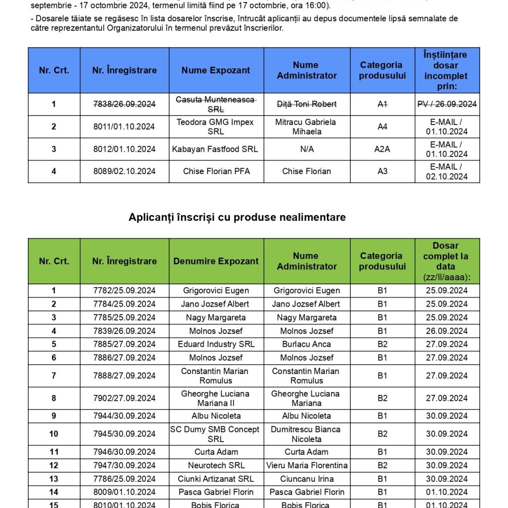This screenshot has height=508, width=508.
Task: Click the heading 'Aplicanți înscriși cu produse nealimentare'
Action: [x=237, y=217]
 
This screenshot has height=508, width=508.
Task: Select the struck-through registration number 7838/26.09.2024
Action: [x=124, y=104]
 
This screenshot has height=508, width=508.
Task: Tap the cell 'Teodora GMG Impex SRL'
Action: [x=216, y=127]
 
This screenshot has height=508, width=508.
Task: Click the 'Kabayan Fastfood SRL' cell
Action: [x=216, y=149]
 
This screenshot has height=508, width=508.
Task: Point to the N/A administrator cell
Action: [x=307, y=149]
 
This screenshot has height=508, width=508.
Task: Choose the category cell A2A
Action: [x=382, y=149]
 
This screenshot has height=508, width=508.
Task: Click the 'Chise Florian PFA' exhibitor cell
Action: [x=216, y=171]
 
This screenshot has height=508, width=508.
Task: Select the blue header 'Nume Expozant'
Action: [x=216, y=70]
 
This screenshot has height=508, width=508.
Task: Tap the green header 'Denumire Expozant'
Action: [x=216, y=261]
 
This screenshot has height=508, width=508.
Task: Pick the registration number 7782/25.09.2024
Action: [x=124, y=291]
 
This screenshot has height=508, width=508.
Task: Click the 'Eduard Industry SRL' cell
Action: [x=216, y=344]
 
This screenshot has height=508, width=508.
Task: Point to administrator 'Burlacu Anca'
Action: [x=307, y=344]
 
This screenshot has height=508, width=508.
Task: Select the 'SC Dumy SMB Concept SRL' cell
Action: [x=216, y=434]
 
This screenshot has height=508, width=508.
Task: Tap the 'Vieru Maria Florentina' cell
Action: [x=307, y=465]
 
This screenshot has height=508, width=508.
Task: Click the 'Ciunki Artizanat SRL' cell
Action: [x=216, y=479]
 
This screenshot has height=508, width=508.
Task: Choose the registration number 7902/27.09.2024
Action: [x=124, y=398]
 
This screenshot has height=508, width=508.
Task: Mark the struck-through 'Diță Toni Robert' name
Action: [x=307, y=104]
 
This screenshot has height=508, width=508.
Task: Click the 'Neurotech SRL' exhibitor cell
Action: [x=216, y=465]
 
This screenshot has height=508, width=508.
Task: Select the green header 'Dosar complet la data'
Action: [x=446, y=261]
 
